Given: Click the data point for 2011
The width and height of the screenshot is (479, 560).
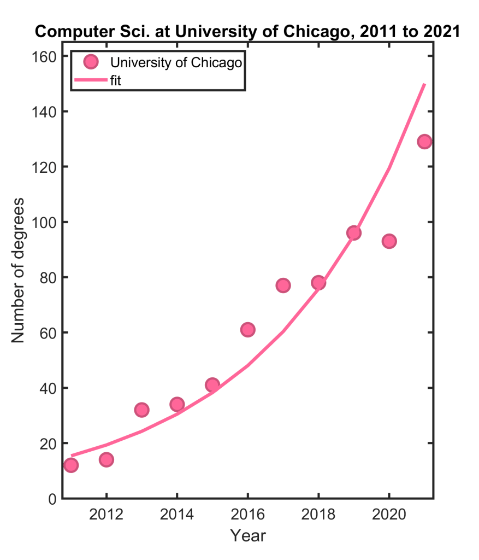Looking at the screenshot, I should click(x=71, y=465).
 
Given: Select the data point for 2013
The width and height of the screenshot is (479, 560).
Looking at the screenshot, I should click(x=141, y=410).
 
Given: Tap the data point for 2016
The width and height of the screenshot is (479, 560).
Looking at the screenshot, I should click(x=247, y=330).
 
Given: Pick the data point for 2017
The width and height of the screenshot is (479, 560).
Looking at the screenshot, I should click(x=283, y=285).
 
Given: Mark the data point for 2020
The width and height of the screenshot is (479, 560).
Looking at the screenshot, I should click(x=389, y=241).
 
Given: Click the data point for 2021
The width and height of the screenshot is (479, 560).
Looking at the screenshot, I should click(x=424, y=142).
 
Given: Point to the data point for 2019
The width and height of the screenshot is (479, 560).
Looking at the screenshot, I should click(x=353, y=233).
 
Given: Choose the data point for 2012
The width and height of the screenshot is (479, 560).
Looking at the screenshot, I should click(x=107, y=460).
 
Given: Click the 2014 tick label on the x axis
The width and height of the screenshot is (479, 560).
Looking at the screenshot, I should click(x=177, y=515).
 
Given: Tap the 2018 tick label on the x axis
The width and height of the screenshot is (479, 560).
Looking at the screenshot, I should click(x=318, y=515).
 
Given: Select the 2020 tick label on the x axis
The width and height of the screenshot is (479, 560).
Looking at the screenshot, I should click(x=389, y=515).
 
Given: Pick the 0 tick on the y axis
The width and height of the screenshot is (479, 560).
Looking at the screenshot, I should click(x=54, y=499).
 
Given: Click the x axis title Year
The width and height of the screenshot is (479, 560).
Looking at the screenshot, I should click(x=247, y=535).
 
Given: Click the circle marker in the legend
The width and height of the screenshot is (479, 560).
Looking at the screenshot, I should click(x=92, y=62).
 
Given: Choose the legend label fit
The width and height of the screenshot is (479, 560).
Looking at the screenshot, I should click(x=115, y=81).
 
